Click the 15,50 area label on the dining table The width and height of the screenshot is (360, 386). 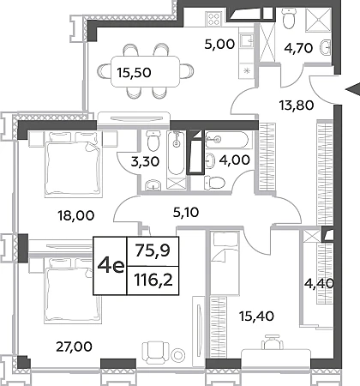click(134, 73)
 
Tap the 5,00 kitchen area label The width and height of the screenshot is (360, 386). click(219, 45)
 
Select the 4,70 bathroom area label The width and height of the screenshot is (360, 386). click(298, 48)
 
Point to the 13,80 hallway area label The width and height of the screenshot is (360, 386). click(296, 106)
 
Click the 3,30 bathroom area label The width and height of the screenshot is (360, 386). click(145, 162)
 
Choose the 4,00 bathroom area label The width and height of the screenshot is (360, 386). click(234, 160)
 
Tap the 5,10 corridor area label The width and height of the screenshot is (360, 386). click(186, 212)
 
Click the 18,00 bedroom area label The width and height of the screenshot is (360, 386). click(75, 215)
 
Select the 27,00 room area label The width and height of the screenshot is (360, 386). click(74, 347)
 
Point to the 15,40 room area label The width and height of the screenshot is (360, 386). click(256, 317)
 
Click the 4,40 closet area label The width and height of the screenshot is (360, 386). click(319, 284)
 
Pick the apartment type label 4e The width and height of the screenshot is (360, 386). click(111, 266)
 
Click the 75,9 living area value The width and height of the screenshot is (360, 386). click(153, 250)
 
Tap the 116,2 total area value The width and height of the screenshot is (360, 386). click(153, 280)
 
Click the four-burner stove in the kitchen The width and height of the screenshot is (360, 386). click(214, 18)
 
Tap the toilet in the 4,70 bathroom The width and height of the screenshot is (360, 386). click(289, 18)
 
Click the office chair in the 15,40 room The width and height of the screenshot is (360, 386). click(273, 342)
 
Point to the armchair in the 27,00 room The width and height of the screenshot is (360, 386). click(156, 352)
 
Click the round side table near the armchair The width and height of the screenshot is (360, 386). click(178, 355)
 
